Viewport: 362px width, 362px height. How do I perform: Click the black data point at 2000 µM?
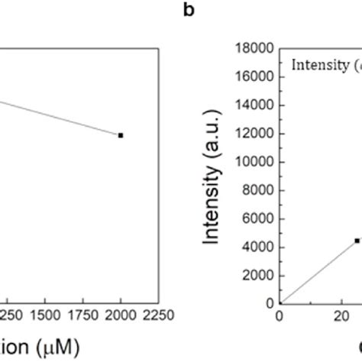pos(121,135)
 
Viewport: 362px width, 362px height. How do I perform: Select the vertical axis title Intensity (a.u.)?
pos(216,176)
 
